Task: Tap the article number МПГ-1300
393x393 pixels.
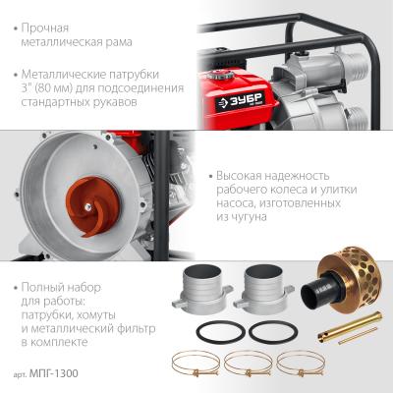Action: (54, 373)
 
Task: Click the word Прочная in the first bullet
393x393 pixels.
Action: (45, 28)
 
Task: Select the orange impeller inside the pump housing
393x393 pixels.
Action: (92, 206)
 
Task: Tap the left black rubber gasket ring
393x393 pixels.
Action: (221, 331)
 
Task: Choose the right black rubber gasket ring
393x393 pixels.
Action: (273, 331)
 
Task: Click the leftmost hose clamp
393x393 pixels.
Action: (196, 364)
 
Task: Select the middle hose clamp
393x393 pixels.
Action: (249, 364)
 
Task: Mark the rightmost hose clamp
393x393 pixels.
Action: (301, 364)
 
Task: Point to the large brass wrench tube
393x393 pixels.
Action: (350, 326)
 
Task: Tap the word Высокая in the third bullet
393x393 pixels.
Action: (238, 176)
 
